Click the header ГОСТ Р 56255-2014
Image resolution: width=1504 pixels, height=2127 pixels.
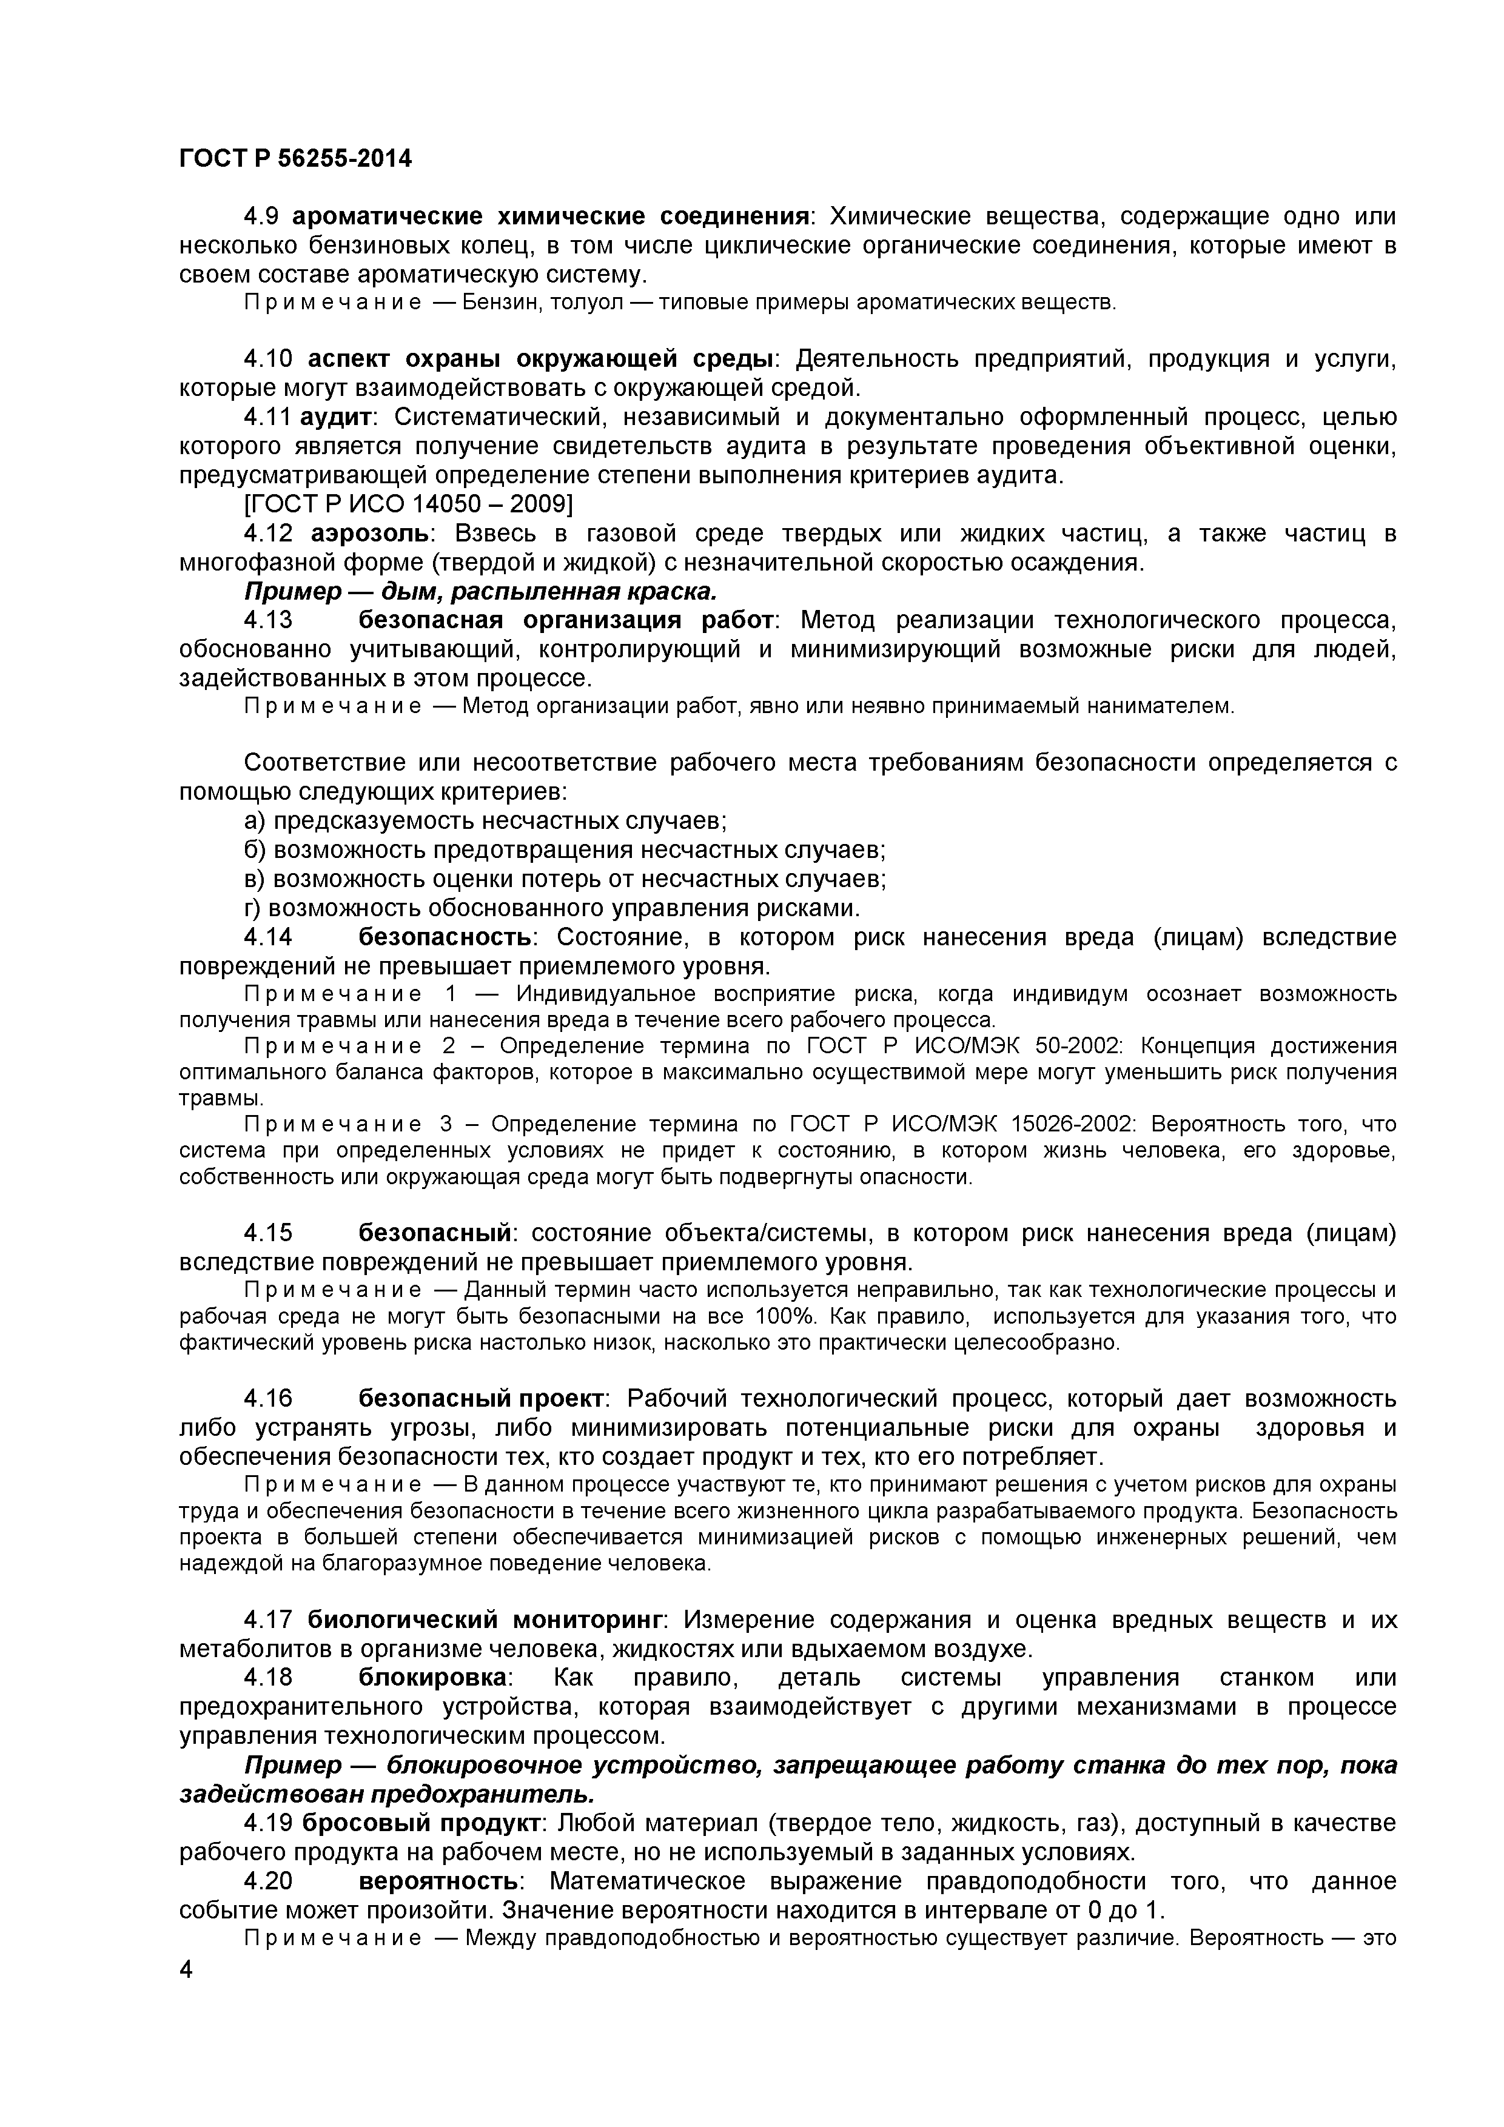[295, 159]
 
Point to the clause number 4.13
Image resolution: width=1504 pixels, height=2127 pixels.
[268, 620]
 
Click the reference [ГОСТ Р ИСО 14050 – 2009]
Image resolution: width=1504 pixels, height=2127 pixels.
[408, 505]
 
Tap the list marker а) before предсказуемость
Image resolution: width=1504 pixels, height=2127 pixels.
[255, 821]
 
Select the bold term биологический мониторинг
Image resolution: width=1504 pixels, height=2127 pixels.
[486, 1620]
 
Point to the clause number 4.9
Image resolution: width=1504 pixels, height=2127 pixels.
[260, 217]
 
